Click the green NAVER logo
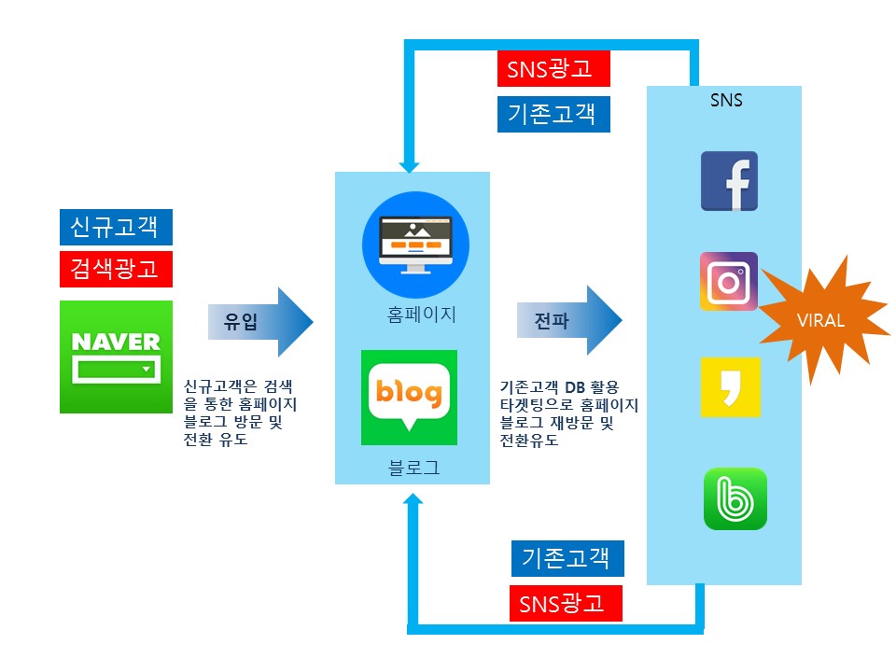tap(116, 357)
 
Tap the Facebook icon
tap(729, 181)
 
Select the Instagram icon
tap(729, 281)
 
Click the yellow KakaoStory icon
tap(729, 387)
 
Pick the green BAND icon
tap(735, 498)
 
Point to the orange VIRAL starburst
tap(821, 319)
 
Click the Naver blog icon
tap(409, 398)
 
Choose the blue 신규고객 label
tap(116, 228)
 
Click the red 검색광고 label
tap(116, 269)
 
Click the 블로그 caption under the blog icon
tap(413, 468)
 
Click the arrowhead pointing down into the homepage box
tap(409, 164)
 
